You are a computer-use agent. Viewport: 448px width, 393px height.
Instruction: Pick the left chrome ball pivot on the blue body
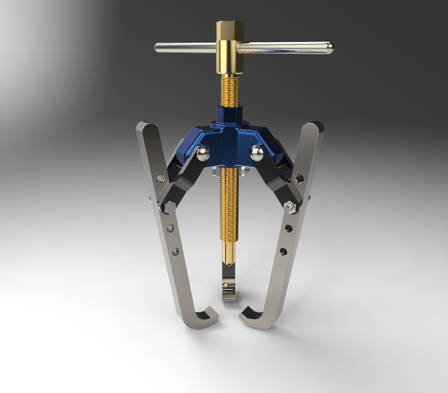(x=204, y=153)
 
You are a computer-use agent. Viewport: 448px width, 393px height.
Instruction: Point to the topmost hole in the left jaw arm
(x=160, y=178)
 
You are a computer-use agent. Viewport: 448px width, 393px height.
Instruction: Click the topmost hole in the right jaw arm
(x=299, y=178)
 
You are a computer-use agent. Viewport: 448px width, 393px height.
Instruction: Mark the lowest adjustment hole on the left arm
(x=175, y=251)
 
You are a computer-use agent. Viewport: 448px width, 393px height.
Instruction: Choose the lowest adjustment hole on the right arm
(x=283, y=251)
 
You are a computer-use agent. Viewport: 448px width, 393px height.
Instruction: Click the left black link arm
(x=184, y=179)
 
